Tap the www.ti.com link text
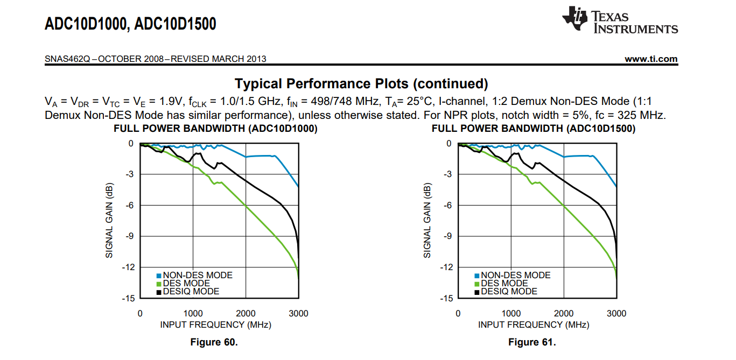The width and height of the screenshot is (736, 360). pyautogui.click(x=651, y=59)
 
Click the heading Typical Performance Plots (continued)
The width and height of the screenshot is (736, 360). pyautogui.click(x=361, y=84)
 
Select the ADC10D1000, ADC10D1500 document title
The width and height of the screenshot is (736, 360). pyautogui.click(x=130, y=24)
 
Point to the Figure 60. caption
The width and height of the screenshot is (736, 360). pyautogui.click(x=214, y=342)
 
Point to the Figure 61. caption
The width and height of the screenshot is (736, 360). pyautogui.click(x=532, y=342)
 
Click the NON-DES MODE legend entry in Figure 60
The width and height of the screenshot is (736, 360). pyautogui.click(x=195, y=276)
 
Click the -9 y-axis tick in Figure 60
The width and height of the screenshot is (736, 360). pyautogui.click(x=129, y=236)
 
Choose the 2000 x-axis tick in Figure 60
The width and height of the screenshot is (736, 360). pyautogui.click(x=246, y=314)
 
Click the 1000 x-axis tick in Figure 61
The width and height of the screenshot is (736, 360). pyautogui.click(x=511, y=314)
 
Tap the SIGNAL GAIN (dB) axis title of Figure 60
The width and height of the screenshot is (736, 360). pyautogui.click(x=109, y=221)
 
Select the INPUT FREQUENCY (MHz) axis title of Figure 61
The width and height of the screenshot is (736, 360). pyautogui.click(x=534, y=325)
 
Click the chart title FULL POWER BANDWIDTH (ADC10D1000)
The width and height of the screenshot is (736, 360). pyautogui.click(x=215, y=129)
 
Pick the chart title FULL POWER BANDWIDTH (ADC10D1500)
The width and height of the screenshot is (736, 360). pyautogui.click(x=534, y=129)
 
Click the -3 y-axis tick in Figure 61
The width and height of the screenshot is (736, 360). pyautogui.click(x=447, y=174)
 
